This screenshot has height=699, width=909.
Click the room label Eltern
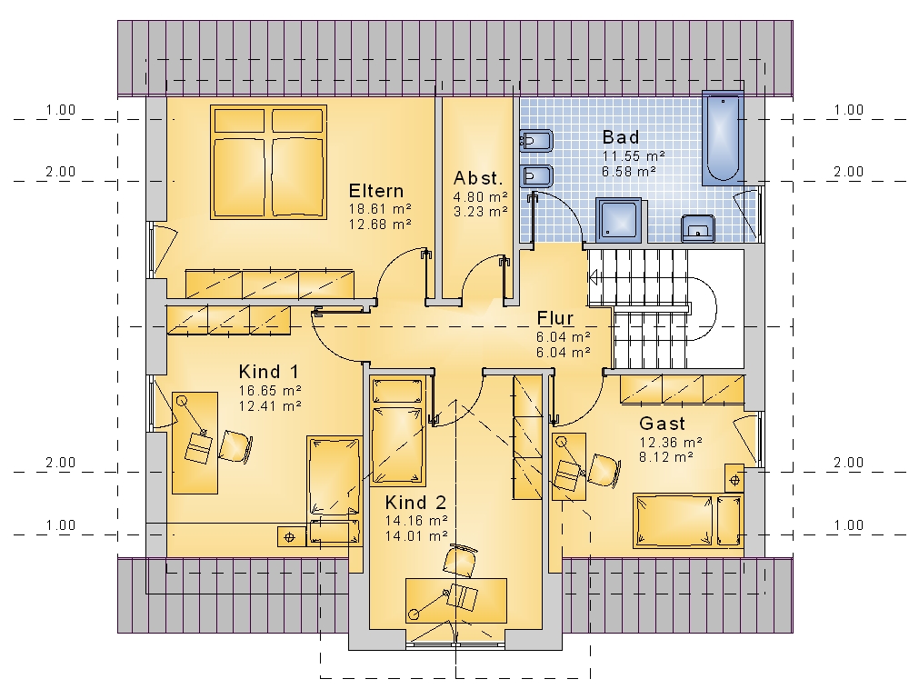point(376,191)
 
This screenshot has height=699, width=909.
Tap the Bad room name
point(621,137)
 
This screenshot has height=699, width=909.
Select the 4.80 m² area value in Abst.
point(481,196)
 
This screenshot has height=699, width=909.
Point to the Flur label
point(555,317)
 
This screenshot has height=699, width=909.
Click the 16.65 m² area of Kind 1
point(270,390)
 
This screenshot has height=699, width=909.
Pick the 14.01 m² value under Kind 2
point(416,536)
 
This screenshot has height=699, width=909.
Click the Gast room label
point(662,423)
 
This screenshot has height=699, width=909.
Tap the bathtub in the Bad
point(723,138)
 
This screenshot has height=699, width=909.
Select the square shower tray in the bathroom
point(619,220)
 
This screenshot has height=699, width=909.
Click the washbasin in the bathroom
point(698,228)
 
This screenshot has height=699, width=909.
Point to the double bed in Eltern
point(268,162)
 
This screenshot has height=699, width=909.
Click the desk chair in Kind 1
point(235,446)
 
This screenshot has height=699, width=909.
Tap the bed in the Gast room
point(688,520)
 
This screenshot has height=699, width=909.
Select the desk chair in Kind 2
point(460,560)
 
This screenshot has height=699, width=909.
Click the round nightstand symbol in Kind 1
point(290,536)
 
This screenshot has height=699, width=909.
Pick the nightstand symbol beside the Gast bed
point(734,479)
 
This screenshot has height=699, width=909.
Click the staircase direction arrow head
point(593,278)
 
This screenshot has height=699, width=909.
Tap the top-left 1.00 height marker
point(61,110)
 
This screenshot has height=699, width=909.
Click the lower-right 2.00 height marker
point(849,462)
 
